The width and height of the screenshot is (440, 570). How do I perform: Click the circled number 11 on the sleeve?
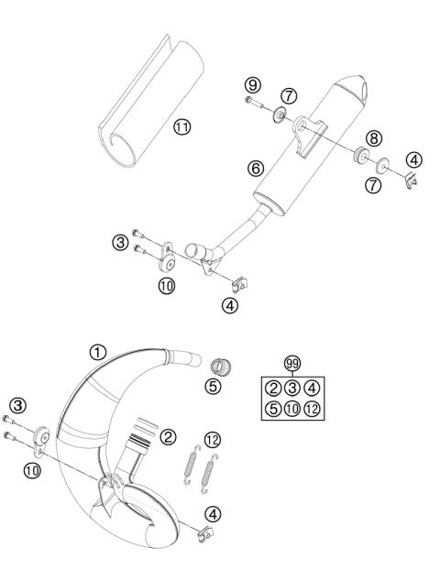point(182,126)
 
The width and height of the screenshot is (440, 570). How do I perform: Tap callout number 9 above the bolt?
point(250,85)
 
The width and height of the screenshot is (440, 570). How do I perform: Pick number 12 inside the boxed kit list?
point(313,408)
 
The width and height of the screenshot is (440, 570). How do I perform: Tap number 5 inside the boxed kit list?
point(273,408)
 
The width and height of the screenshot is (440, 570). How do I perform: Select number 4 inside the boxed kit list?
point(313,387)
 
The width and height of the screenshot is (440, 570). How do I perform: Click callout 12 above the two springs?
point(213,440)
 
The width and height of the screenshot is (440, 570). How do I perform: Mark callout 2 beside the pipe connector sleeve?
point(168,437)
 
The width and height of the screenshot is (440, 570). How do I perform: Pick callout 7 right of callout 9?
point(288,95)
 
